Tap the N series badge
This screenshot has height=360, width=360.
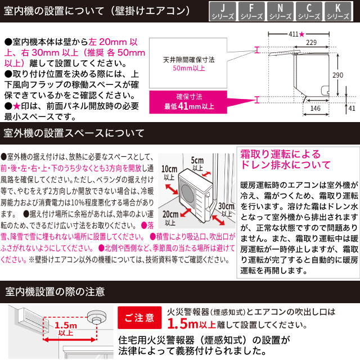pyautogui.click(x=280, y=11)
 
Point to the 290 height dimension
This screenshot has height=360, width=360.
pyautogui.click(x=352, y=74)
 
